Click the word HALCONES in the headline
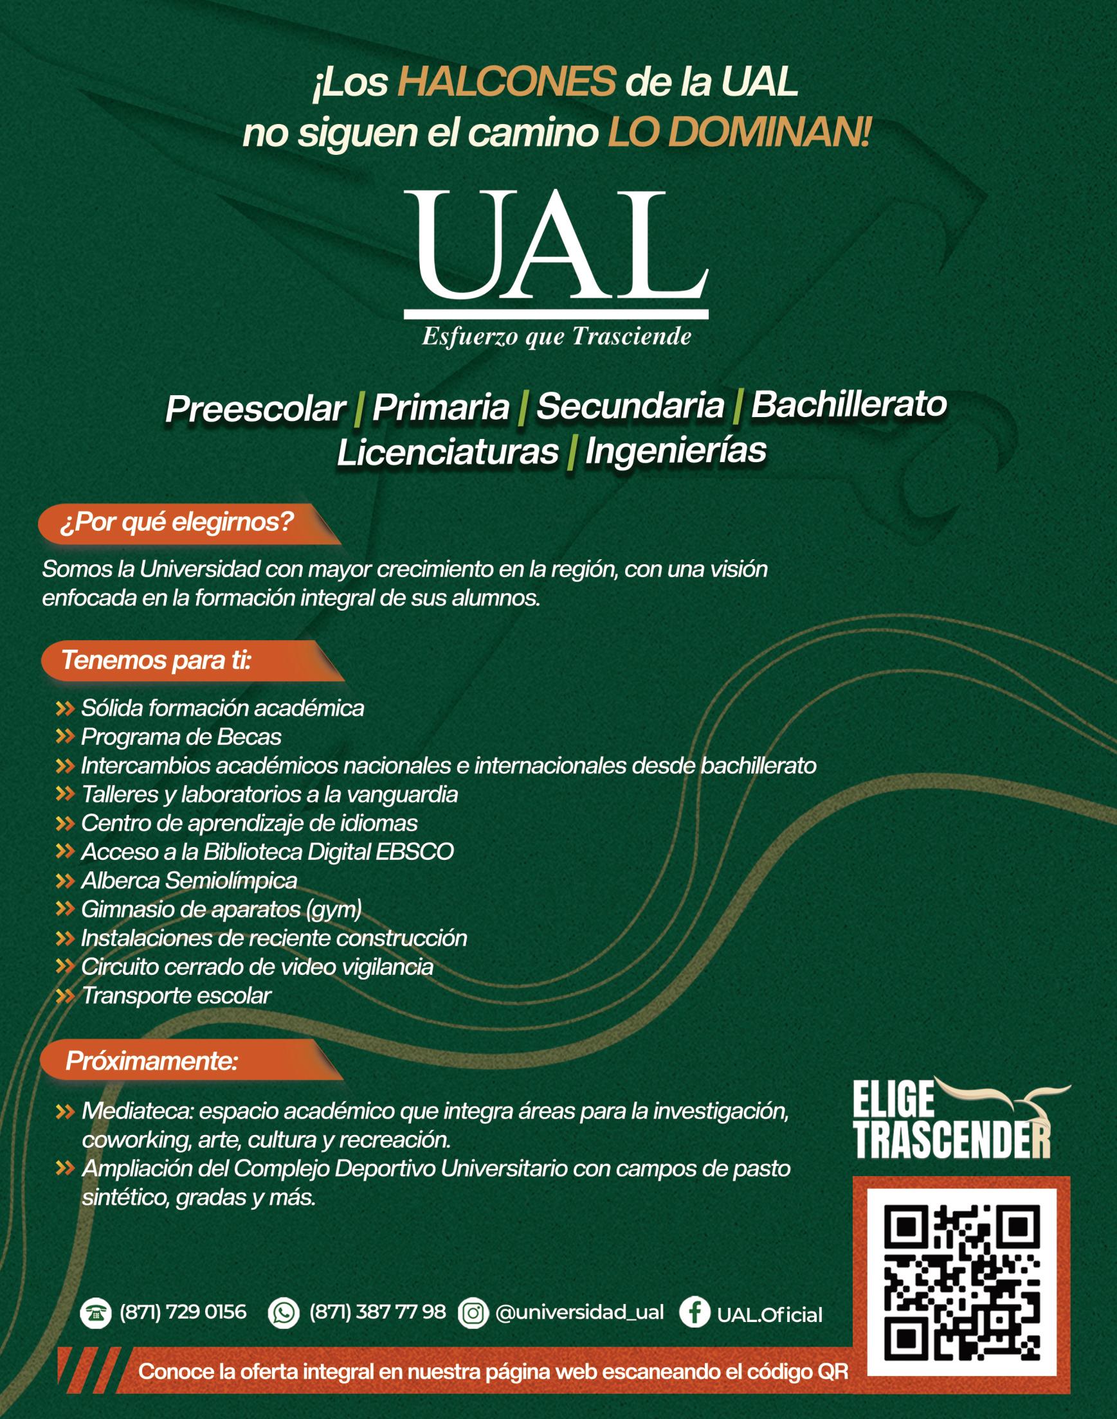point(506,84)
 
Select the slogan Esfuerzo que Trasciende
point(556,337)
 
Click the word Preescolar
point(255,409)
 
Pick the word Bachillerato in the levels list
point(848,405)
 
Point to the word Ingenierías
point(675,451)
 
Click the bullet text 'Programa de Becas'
point(181,737)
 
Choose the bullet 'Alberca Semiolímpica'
point(189,881)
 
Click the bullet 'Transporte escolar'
point(176,996)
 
